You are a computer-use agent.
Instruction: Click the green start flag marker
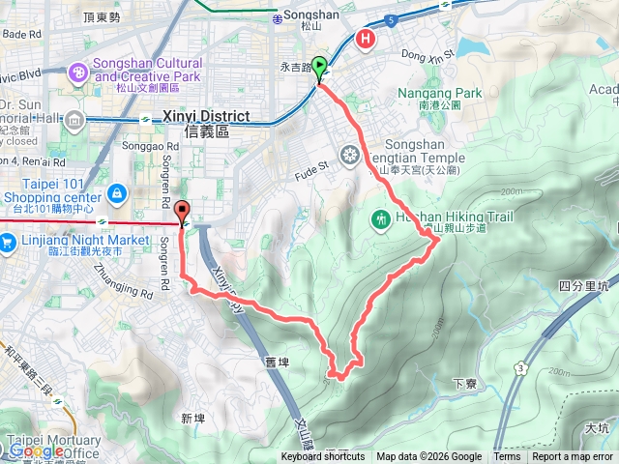click(x=320, y=66)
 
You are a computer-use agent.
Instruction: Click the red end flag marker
click(x=184, y=210)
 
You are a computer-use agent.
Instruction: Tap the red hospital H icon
click(x=366, y=40)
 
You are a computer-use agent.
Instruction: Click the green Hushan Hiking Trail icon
click(x=379, y=220)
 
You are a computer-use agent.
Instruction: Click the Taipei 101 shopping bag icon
click(x=116, y=193)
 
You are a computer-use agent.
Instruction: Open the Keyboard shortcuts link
click(x=323, y=457)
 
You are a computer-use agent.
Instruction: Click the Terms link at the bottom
click(x=507, y=457)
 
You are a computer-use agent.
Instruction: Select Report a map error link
click(x=573, y=457)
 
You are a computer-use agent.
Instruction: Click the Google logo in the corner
click(x=36, y=450)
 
